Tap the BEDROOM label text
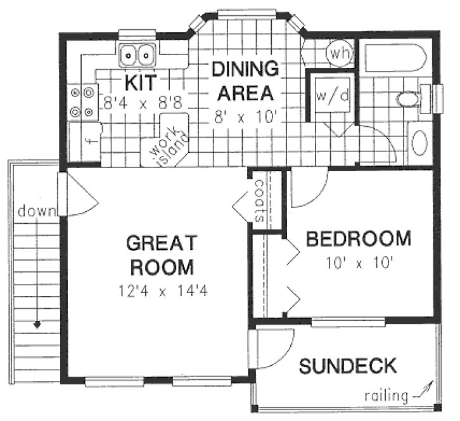click(358, 240)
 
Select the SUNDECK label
click(348, 366)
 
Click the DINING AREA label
click(245, 81)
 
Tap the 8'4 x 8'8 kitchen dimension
click(142, 103)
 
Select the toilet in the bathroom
click(407, 98)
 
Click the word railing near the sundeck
click(386, 396)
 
